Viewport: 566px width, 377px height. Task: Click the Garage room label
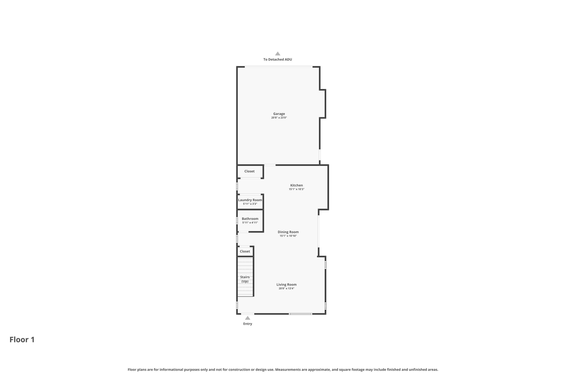(x=279, y=114)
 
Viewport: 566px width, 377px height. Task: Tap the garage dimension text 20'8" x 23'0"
(x=279, y=118)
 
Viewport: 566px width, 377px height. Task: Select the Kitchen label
(x=296, y=185)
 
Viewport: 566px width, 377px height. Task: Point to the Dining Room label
(x=288, y=232)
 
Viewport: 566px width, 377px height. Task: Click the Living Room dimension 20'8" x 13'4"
(x=286, y=288)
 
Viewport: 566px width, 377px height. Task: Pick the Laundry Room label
(x=250, y=200)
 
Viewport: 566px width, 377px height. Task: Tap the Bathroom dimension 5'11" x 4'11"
(x=250, y=223)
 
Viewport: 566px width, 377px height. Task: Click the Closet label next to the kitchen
(x=249, y=171)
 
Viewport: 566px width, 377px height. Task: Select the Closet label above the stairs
(x=245, y=251)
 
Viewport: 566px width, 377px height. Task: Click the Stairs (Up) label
(x=245, y=279)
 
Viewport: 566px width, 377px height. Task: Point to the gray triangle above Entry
(x=248, y=318)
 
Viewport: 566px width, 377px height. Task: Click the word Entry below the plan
(x=248, y=324)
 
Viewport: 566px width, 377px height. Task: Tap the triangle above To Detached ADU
(x=277, y=54)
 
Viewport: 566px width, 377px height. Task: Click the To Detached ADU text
(x=277, y=59)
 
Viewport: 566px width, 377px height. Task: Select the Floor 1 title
(x=22, y=339)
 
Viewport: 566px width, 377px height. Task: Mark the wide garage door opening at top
(x=278, y=67)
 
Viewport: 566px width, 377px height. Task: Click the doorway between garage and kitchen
(x=270, y=165)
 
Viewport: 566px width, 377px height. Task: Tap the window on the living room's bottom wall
(x=300, y=314)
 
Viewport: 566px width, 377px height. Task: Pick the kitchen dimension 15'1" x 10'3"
(x=296, y=189)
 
